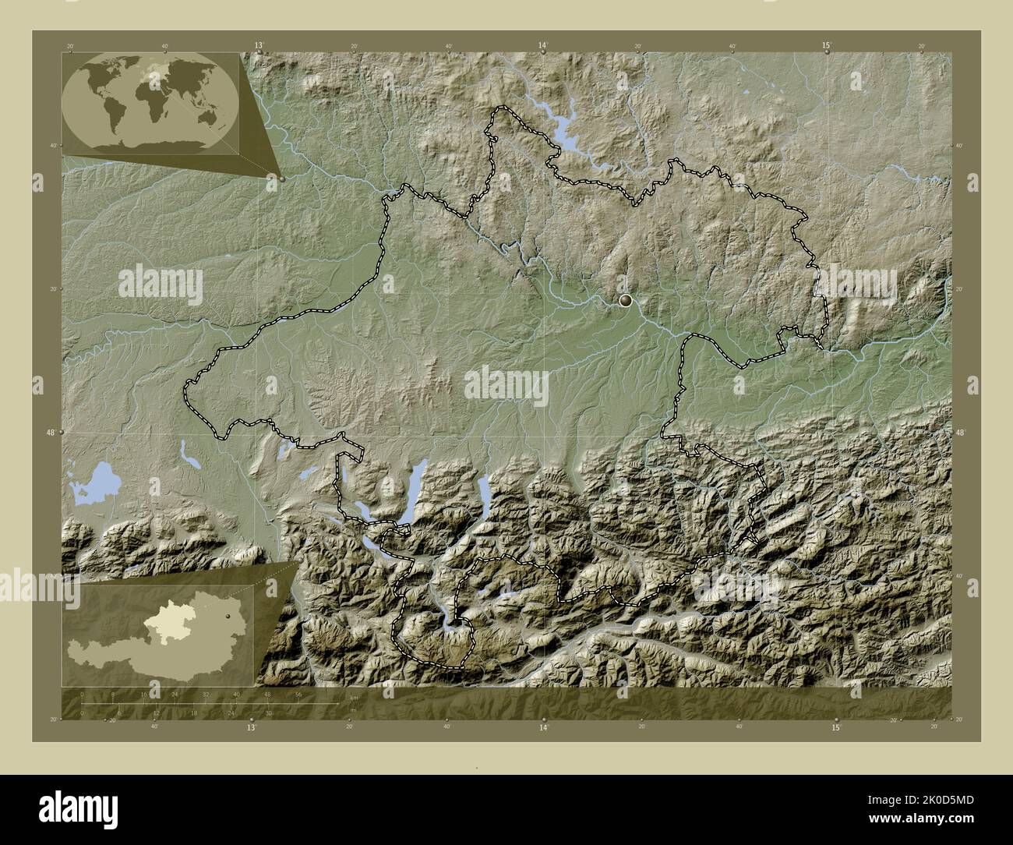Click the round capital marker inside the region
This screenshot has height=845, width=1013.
point(625,299)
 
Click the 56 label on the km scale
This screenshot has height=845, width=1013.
point(298,694)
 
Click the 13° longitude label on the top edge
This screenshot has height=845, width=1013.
point(258,46)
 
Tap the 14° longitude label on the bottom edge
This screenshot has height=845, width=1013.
point(543,727)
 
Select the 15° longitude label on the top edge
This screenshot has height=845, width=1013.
point(826,46)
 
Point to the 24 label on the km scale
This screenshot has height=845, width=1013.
point(175,694)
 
